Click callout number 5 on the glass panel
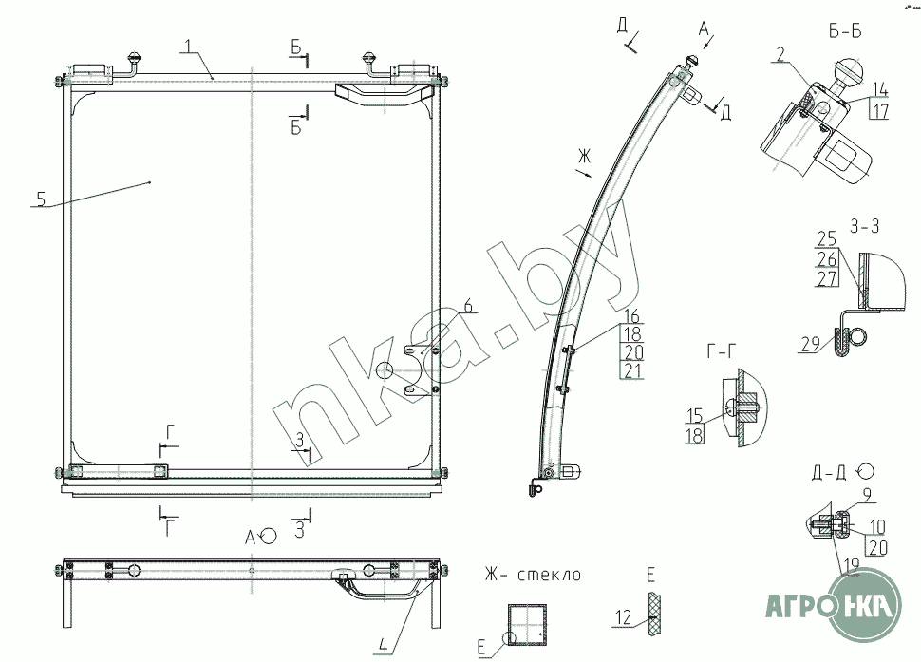tap(41, 199)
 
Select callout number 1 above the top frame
tap(187, 46)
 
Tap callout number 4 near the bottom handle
tap(382, 645)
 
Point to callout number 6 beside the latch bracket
tap(467, 306)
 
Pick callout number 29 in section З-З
tap(810, 344)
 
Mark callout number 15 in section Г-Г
tap(695, 415)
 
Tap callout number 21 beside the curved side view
tap(632, 370)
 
